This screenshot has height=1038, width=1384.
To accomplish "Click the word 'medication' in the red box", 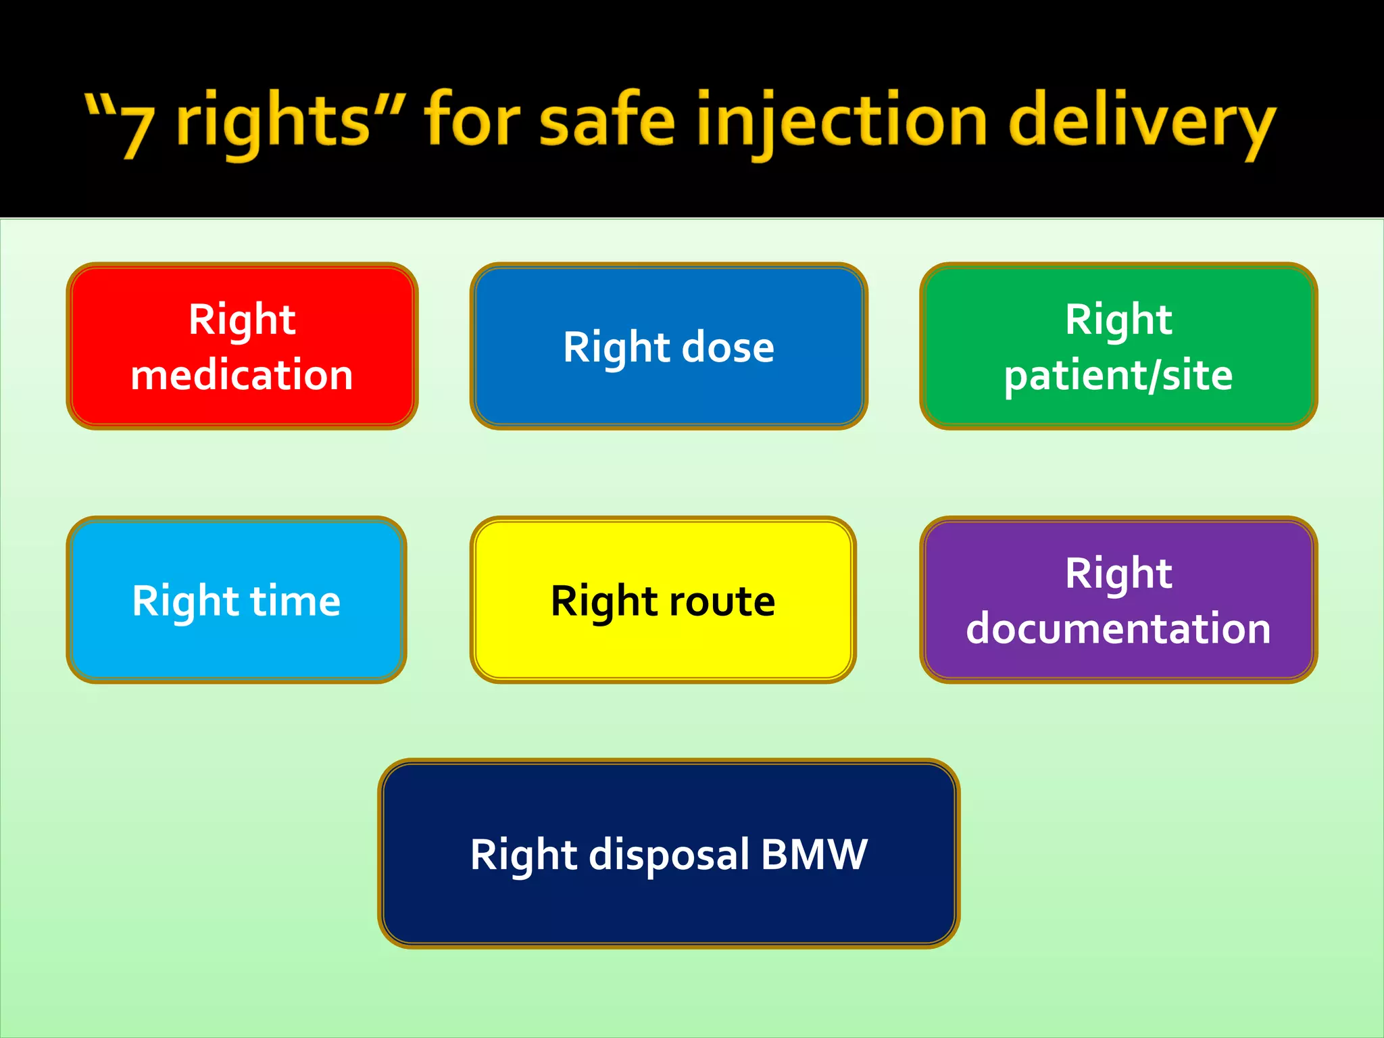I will click(242, 375).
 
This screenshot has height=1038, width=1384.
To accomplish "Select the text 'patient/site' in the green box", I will click(1118, 376).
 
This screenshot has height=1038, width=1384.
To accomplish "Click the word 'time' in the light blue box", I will click(295, 601).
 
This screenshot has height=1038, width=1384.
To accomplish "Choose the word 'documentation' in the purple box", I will click(1118, 628).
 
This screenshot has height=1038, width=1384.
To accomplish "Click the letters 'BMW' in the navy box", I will click(814, 854).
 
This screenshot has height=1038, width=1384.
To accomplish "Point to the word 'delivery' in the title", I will click(1142, 122).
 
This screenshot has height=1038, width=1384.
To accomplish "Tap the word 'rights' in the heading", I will click(273, 122).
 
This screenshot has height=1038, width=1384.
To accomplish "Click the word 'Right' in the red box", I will click(242, 320).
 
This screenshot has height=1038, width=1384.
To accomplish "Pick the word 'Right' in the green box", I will click(1118, 320).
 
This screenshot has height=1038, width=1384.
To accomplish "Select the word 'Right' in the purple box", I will click(1118, 574).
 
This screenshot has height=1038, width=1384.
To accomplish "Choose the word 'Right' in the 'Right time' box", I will click(186, 601).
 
